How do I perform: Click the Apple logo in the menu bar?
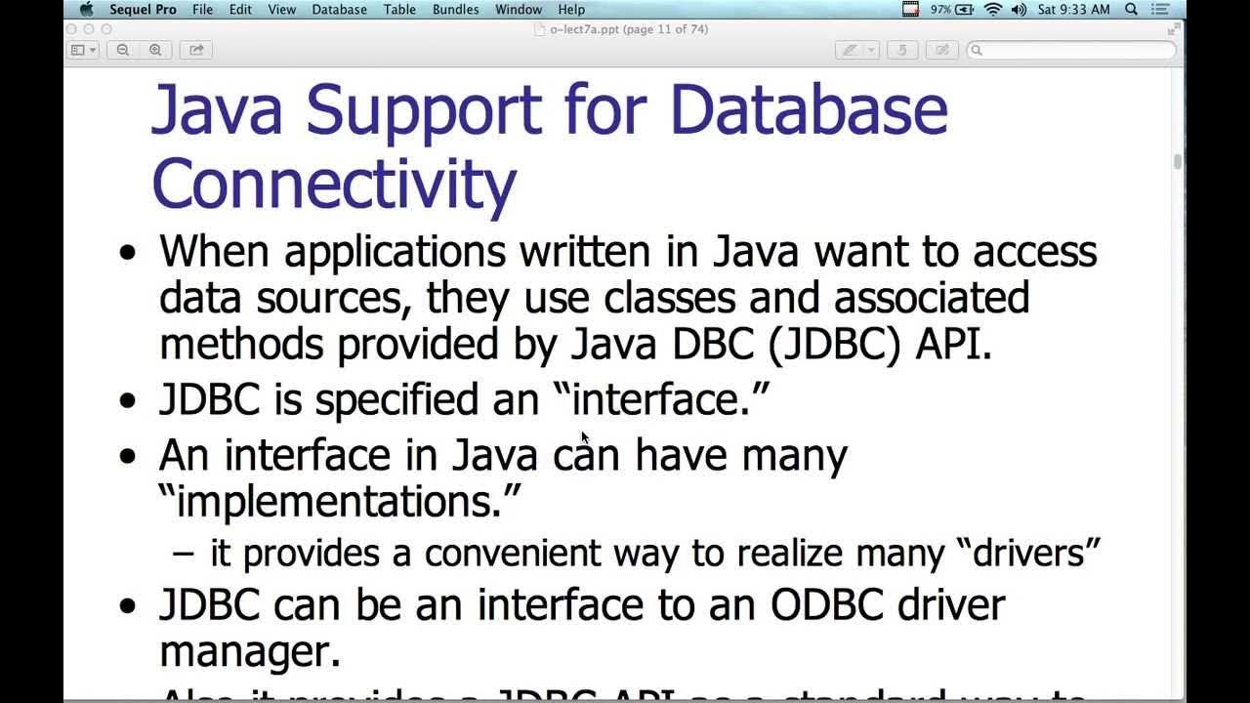(86, 10)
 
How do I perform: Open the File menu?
(202, 10)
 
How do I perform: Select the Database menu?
(339, 10)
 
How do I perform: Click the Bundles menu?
(455, 10)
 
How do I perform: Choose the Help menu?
(571, 10)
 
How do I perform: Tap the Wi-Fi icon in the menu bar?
(993, 10)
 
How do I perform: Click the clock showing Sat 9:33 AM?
(1073, 10)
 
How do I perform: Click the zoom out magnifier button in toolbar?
(123, 50)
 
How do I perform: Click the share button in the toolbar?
(195, 50)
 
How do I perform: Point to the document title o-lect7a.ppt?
(583, 29)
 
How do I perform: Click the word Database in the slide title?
(809, 109)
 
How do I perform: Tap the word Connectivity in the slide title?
(334, 184)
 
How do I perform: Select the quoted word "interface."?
(660, 399)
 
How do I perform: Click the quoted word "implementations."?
(340, 502)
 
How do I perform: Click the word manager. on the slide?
(250, 651)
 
